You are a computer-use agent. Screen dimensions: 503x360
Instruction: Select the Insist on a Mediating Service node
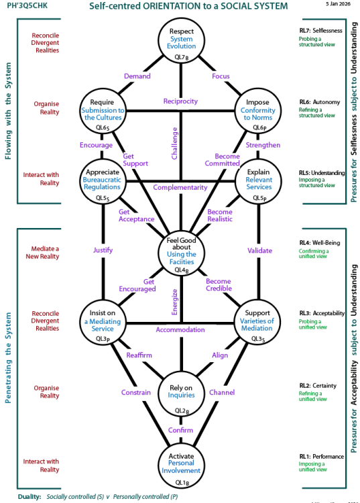(x=103, y=320)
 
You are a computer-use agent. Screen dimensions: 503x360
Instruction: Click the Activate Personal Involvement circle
(x=180, y=464)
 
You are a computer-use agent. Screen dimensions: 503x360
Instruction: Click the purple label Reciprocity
(x=180, y=101)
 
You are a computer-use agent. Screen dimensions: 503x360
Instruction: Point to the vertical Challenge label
(x=174, y=144)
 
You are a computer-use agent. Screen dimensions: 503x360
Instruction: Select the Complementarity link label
(x=180, y=187)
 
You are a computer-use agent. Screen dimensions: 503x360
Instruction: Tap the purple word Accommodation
(x=180, y=330)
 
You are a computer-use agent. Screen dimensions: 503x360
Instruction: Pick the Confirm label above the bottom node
(x=180, y=430)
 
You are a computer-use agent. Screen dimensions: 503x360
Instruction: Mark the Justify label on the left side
(x=103, y=250)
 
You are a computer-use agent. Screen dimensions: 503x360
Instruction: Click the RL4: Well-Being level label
(x=322, y=242)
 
